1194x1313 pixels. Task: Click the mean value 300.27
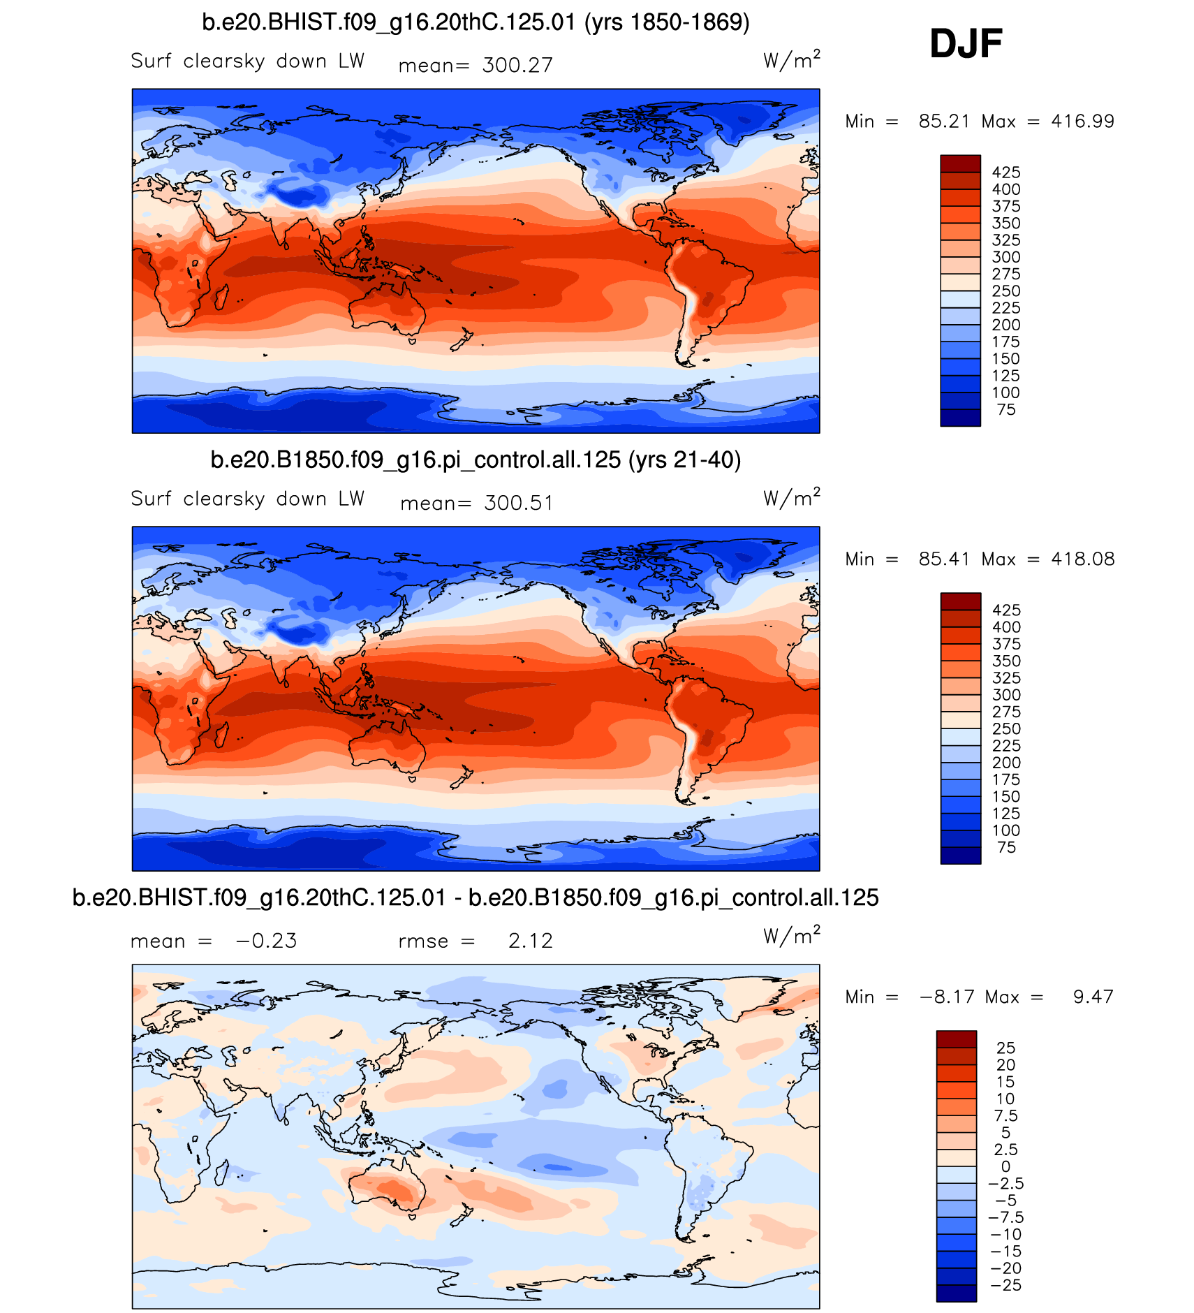pos(517,66)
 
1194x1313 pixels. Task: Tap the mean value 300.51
pos(519,504)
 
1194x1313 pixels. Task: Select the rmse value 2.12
pos(530,941)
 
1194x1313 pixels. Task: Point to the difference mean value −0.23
pos(266,941)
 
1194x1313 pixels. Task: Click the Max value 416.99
pos(1082,122)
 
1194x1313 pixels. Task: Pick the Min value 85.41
pos(944,559)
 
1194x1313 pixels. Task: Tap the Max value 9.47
pos(1093,997)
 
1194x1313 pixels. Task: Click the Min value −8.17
pos(947,997)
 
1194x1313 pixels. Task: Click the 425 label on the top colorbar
pos(1005,173)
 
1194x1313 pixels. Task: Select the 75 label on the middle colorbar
pos(1006,848)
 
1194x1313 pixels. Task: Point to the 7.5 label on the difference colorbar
pos(1005,1116)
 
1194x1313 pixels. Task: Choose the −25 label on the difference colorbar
pos(1005,1286)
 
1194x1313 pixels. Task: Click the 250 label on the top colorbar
pos(1005,291)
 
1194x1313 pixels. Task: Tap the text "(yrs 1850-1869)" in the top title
pos(667,23)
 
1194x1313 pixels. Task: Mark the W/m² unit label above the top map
pos(791,60)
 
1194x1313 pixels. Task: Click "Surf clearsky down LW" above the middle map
pos(247,499)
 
